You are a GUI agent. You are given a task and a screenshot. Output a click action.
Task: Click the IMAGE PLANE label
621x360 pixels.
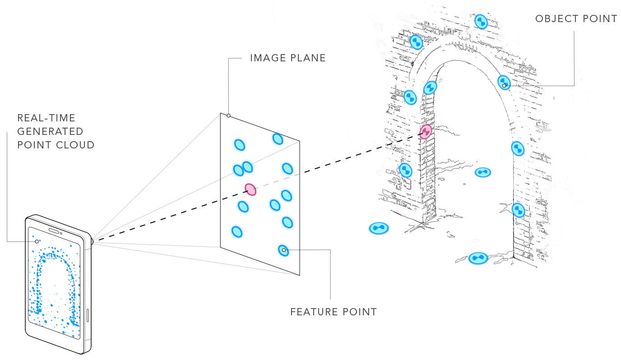287,58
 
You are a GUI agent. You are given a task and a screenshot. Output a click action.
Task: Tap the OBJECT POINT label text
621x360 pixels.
576,19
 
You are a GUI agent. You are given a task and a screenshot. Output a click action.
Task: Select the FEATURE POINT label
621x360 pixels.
333,312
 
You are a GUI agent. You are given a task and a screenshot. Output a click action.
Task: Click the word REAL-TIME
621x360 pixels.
46,118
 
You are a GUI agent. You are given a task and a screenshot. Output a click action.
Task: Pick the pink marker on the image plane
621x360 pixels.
250,189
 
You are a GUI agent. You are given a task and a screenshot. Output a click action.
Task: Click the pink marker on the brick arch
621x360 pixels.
426,132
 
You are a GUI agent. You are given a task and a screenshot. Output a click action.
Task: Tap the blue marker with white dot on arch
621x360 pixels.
504,83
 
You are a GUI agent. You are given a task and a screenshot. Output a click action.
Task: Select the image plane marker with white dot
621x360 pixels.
283,250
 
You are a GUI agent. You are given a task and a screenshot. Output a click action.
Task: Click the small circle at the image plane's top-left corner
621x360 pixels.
229,116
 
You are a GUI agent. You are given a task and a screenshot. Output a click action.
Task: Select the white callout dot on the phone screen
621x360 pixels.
37,241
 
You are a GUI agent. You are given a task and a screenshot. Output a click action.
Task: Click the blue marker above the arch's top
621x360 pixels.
481,21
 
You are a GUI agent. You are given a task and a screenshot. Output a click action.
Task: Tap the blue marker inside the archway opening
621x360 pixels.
482,172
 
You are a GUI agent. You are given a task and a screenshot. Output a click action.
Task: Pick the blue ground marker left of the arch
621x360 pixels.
379,228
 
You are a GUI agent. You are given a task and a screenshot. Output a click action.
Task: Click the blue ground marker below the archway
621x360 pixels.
478,258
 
